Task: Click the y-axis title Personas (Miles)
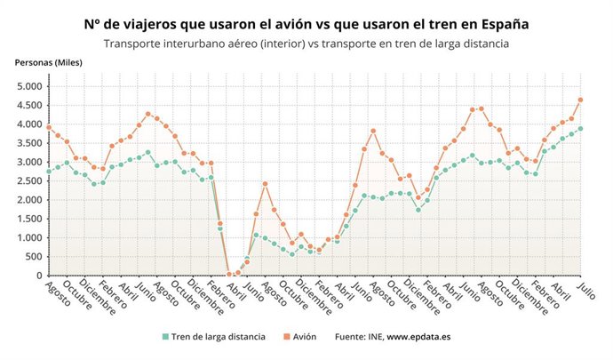click(48, 62)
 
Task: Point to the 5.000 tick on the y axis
click(28, 86)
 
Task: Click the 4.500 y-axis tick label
click(28, 106)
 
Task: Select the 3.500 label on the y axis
click(28, 143)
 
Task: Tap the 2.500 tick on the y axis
click(28, 181)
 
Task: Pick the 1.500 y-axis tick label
click(28, 219)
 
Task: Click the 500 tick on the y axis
click(34, 257)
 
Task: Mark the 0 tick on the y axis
click(40, 276)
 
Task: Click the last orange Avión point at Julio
click(580, 100)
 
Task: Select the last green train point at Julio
click(580, 128)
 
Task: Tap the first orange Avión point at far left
click(49, 127)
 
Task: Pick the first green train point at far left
click(49, 171)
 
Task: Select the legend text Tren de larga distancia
click(217, 337)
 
